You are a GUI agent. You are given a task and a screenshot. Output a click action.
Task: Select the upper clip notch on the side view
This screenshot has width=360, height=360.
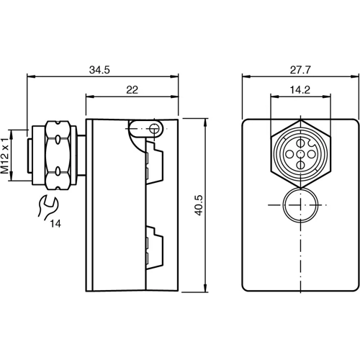click(x=152, y=162)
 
